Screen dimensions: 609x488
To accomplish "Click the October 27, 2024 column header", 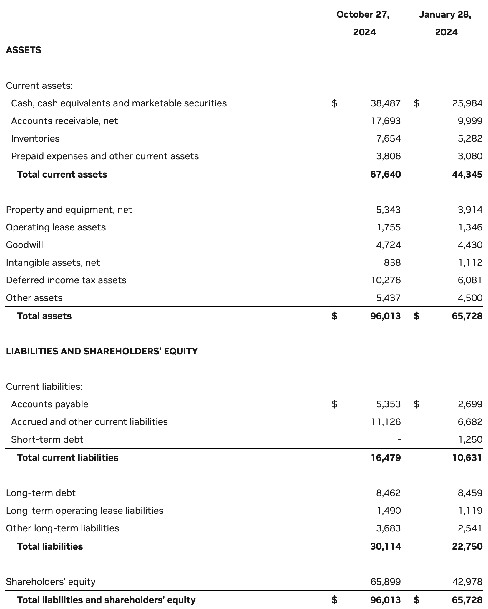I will (x=363, y=23).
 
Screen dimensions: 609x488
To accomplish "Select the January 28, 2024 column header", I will (x=445, y=23).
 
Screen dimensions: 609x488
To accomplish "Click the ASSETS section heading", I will (x=24, y=50).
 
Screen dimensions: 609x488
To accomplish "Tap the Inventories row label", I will (x=35, y=138).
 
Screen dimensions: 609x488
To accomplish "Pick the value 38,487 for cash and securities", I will (x=386, y=103).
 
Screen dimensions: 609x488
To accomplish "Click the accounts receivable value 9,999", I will (x=470, y=121).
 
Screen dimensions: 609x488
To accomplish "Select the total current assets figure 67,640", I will (x=386, y=174).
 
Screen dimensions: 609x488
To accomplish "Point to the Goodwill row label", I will (x=24, y=245).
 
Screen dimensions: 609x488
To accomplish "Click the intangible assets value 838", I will (x=392, y=262).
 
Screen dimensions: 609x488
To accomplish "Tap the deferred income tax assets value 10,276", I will (x=386, y=280).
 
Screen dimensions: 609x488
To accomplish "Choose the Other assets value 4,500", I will (x=470, y=298).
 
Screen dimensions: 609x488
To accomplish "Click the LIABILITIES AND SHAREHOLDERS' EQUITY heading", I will (x=102, y=351).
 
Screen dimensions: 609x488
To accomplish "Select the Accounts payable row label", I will (x=49, y=404).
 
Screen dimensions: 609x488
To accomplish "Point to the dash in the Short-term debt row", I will (x=399, y=440).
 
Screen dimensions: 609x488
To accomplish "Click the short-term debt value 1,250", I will (x=470, y=439).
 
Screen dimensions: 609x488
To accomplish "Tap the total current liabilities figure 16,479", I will (x=386, y=458).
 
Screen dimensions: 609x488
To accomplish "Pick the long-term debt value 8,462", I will (x=388, y=493).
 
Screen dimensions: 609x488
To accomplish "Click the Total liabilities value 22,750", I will (x=467, y=546).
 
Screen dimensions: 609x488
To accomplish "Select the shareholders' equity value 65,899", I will (x=386, y=582).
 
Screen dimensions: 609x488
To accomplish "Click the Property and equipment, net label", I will (x=69, y=210).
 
